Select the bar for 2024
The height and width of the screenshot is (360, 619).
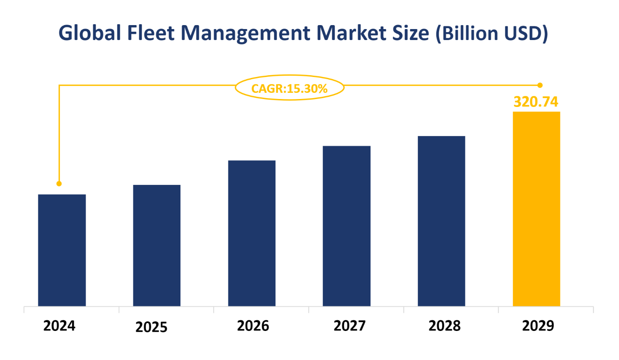point(62,250)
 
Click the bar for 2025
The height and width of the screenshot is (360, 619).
point(157,245)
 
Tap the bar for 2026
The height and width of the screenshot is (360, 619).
point(252,233)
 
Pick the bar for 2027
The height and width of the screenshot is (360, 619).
point(347,226)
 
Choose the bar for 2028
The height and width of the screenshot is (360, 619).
point(441,221)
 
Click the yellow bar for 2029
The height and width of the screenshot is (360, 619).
point(536,209)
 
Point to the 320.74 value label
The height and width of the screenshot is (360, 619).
point(536,102)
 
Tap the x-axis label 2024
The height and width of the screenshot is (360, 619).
point(60,326)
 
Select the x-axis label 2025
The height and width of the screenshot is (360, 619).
point(151,327)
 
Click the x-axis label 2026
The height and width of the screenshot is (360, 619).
point(253,326)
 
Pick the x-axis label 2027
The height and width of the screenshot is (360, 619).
point(349,326)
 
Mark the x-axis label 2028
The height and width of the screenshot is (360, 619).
point(444,326)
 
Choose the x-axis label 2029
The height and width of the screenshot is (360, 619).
point(538,326)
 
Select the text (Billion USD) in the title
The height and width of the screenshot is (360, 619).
point(491,34)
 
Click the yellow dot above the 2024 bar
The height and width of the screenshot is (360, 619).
point(59,184)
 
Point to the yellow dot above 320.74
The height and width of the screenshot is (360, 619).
point(540,85)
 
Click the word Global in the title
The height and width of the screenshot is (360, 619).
point(88,33)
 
